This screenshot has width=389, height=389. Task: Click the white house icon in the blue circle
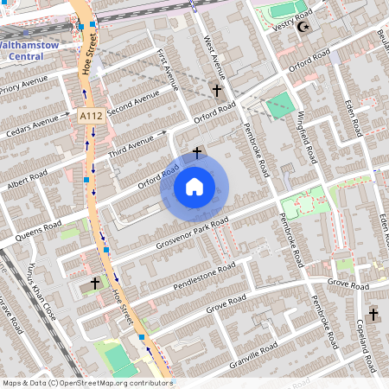coord(194,186)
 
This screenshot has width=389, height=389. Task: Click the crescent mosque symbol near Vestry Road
coord(303,27)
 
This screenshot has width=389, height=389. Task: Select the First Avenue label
coord(168,69)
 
